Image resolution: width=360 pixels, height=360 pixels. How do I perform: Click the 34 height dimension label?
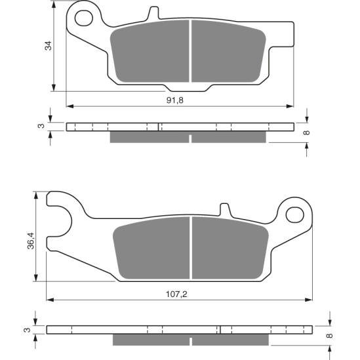(48, 47)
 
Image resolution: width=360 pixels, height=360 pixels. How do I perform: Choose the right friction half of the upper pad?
(227, 54)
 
